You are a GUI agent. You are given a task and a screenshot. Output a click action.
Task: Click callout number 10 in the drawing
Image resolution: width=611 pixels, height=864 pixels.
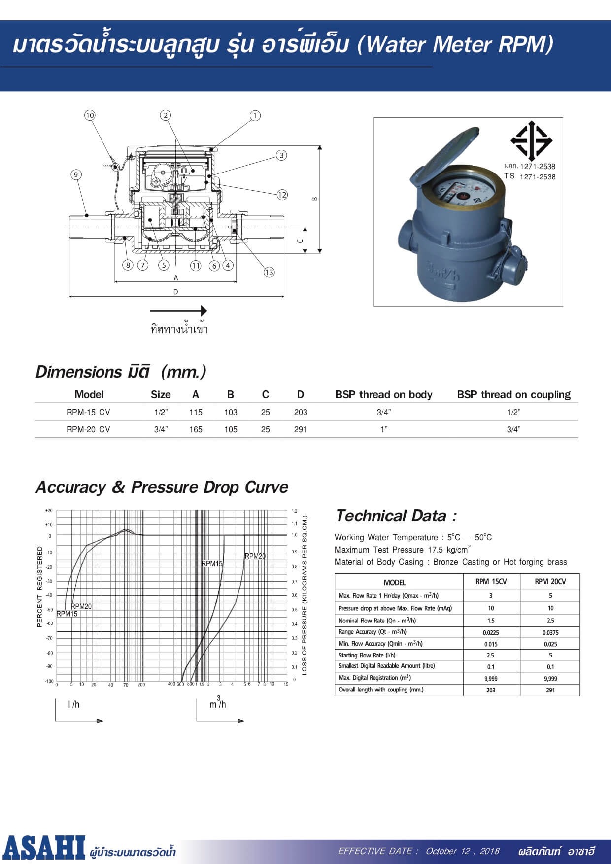89,115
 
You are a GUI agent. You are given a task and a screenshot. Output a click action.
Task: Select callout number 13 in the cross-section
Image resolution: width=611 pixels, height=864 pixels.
269,272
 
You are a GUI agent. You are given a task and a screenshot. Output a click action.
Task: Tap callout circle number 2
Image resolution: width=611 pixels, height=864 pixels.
166,115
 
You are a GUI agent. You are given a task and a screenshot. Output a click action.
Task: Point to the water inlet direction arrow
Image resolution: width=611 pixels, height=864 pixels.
178,311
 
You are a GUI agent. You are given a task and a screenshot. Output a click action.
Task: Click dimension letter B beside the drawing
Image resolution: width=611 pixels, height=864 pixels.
315,199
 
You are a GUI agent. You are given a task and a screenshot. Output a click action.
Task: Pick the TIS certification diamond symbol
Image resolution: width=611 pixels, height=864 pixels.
531,140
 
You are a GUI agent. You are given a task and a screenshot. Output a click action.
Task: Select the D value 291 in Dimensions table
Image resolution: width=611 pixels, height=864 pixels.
300,429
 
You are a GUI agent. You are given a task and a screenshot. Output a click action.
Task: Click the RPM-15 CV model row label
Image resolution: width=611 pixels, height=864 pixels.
88,412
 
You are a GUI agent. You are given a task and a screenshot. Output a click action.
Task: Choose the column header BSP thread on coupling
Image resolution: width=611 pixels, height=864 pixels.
513,394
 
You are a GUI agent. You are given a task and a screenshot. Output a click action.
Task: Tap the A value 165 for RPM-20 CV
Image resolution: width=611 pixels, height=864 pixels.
196,429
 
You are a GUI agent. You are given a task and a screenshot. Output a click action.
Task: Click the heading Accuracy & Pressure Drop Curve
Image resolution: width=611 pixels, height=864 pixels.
162,487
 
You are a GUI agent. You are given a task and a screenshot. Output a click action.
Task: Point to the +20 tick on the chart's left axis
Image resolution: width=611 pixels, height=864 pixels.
49,511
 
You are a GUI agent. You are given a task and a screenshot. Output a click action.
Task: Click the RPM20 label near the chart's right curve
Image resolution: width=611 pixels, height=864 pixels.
255,556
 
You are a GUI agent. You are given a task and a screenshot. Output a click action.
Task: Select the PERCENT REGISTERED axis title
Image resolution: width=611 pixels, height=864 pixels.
40,587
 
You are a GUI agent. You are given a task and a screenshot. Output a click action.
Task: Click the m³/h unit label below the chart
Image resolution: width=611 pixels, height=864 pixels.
218,703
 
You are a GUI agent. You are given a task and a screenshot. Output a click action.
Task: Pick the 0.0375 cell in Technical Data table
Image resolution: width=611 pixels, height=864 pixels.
550,632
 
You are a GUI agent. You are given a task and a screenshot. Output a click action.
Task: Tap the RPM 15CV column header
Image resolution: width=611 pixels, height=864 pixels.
491,582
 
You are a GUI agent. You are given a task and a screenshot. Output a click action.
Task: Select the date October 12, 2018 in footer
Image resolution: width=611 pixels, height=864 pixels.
462,851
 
